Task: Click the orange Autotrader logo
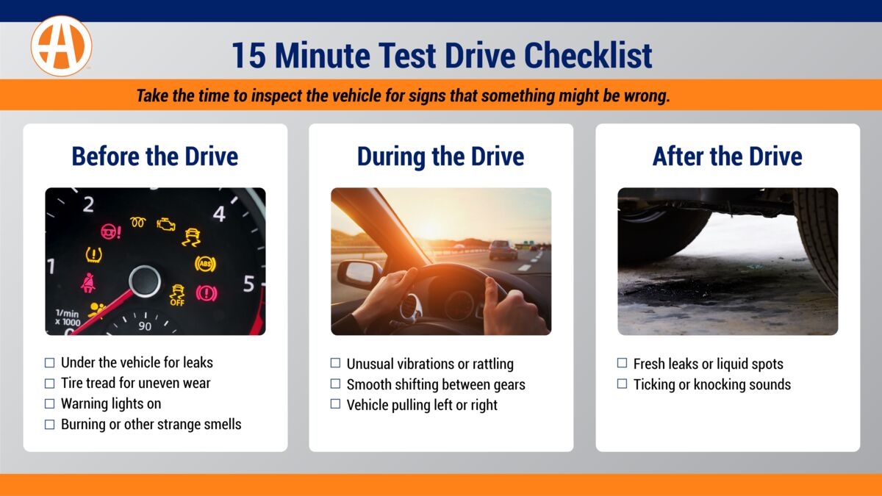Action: pos(61,46)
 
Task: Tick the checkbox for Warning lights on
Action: pos(50,404)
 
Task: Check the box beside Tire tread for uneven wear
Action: pos(50,384)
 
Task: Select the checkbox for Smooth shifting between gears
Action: pos(335,384)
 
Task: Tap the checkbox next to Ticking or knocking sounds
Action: pos(622,384)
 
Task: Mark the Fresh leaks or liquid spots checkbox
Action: pos(622,364)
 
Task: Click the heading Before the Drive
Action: pos(154,157)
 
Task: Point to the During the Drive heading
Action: pos(440,157)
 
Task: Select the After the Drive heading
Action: pos(727,157)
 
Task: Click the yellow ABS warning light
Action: pos(205,263)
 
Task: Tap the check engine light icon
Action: pos(166,224)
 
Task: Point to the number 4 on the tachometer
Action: pos(219,214)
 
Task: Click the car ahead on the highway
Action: pos(503,250)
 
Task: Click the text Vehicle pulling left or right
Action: pos(422,405)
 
